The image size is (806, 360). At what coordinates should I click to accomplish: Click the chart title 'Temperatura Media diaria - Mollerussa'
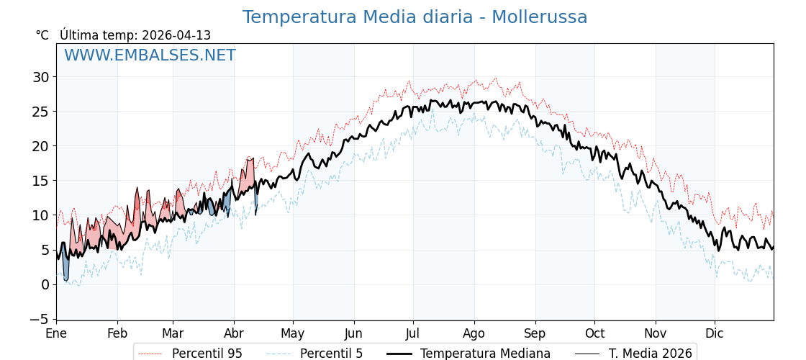click(x=415, y=17)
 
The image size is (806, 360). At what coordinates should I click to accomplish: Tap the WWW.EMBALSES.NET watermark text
click(x=150, y=55)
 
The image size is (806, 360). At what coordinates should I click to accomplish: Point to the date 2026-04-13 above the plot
click(x=176, y=35)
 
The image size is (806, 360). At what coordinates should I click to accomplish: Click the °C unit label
click(x=42, y=35)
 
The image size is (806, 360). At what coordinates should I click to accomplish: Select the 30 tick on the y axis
click(x=41, y=77)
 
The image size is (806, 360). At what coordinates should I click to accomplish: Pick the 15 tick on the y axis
click(x=41, y=181)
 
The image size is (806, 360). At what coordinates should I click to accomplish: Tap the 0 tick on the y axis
click(x=45, y=284)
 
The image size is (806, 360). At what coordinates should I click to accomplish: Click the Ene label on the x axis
click(x=56, y=333)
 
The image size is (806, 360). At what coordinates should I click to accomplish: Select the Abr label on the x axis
click(x=234, y=333)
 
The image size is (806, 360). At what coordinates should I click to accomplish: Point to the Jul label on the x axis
click(x=413, y=333)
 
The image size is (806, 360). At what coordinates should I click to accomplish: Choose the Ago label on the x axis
click(x=474, y=333)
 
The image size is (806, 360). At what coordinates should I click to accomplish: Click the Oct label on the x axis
click(x=594, y=333)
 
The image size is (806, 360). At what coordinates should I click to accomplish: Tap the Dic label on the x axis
click(x=715, y=333)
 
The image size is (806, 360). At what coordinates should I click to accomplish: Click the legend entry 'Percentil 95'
click(x=207, y=354)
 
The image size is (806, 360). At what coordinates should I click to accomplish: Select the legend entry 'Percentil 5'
click(x=331, y=354)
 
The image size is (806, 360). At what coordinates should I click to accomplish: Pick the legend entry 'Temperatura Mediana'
click(x=485, y=354)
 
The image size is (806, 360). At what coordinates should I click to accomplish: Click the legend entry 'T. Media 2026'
click(x=650, y=354)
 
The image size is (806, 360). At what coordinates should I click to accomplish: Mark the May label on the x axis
click(x=293, y=333)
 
